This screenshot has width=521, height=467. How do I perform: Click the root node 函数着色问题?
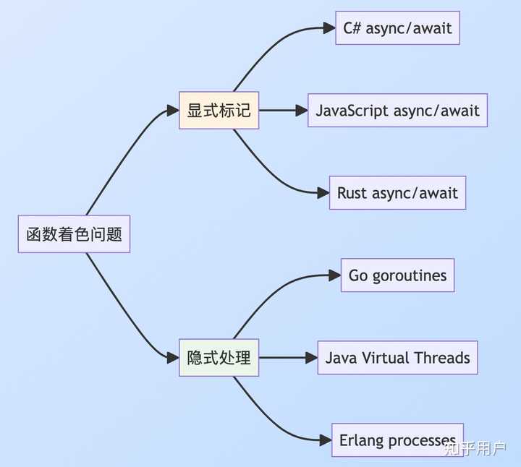(x=74, y=234)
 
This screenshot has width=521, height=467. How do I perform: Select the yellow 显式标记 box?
(x=219, y=111)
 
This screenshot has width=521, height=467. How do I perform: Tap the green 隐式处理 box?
(x=219, y=358)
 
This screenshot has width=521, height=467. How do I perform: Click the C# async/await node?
(x=397, y=27)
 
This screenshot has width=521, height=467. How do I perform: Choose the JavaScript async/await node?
(x=397, y=111)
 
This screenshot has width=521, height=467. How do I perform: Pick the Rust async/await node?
(x=397, y=193)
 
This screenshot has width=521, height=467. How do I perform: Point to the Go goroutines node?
(x=397, y=275)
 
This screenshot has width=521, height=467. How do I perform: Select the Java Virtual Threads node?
(x=397, y=358)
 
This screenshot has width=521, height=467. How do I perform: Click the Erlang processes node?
(x=397, y=440)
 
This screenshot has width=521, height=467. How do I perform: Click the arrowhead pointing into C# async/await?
(x=329, y=28)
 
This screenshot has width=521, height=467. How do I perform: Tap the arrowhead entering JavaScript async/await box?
(x=302, y=111)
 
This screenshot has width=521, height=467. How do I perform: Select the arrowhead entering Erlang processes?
(x=325, y=440)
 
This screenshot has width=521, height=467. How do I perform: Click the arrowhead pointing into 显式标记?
(x=172, y=111)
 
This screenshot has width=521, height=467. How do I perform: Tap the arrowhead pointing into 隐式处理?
(x=172, y=358)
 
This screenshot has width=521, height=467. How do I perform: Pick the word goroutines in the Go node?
(x=409, y=276)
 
